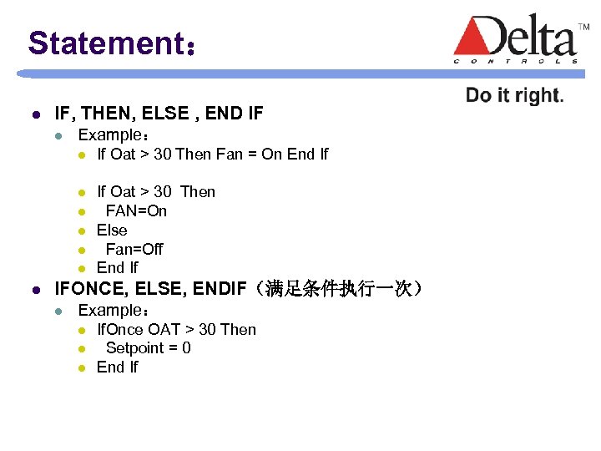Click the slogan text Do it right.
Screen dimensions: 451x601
(x=514, y=95)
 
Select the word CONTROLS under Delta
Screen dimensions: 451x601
(x=515, y=61)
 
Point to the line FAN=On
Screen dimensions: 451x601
(x=136, y=210)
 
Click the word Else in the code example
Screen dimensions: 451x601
(x=112, y=230)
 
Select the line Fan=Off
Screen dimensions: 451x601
(x=134, y=249)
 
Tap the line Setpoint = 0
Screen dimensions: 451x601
(x=148, y=347)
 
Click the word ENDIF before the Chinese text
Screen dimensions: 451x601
(x=220, y=289)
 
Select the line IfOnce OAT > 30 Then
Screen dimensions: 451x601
(x=176, y=329)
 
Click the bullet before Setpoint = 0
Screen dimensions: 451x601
(x=83, y=348)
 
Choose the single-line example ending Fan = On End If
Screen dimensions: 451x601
(x=213, y=154)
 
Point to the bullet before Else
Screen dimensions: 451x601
(x=83, y=231)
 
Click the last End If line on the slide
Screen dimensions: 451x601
(x=117, y=367)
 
